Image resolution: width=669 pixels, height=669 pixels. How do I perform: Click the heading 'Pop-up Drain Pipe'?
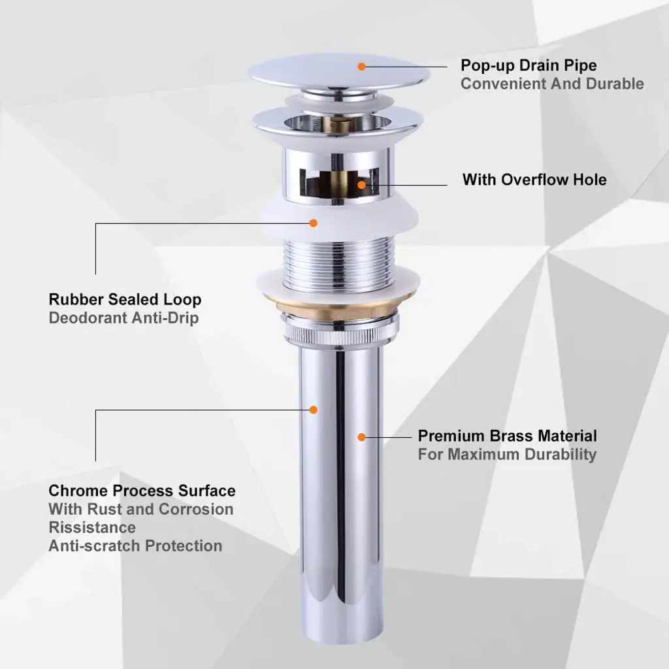pyautogui.click(x=529, y=66)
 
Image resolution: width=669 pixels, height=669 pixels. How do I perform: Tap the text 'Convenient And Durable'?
pyautogui.click(x=552, y=84)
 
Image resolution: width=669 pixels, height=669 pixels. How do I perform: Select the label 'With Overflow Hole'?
pyautogui.click(x=534, y=180)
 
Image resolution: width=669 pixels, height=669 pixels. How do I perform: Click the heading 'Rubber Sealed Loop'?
pyautogui.click(x=125, y=299)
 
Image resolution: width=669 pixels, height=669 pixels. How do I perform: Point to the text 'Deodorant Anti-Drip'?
pyautogui.click(x=123, y=318)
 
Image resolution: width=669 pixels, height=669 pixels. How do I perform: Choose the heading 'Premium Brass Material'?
pyautogui.click(x=507, y=436)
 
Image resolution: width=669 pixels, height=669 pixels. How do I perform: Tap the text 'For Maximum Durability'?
pyautogui.click(x=507, y=455)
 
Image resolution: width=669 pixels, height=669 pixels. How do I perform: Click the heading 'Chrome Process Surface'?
pyautogui.click(x=142, y=491)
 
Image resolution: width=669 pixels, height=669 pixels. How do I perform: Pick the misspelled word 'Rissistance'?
pyautogui.click(x=92, y=528)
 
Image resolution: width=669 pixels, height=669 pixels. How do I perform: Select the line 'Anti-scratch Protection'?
pyautogui.click(x=135, y=546)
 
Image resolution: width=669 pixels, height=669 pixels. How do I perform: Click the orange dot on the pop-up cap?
pyautogui.click(x=362, y=67)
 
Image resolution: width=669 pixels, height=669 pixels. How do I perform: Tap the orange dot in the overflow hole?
pyautogui.click(x=362, y=185)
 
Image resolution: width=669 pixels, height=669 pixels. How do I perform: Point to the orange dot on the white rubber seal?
pyautogui.click(x=314, y=223)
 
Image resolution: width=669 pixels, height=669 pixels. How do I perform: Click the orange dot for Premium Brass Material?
pyautogui.click(x=362, y=437)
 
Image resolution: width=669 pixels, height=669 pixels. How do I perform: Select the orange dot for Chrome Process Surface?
pyautogui.click(x=314, y=410)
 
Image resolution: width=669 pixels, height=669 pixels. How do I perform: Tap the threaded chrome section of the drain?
pyautogui.click(x=338, y=263)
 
